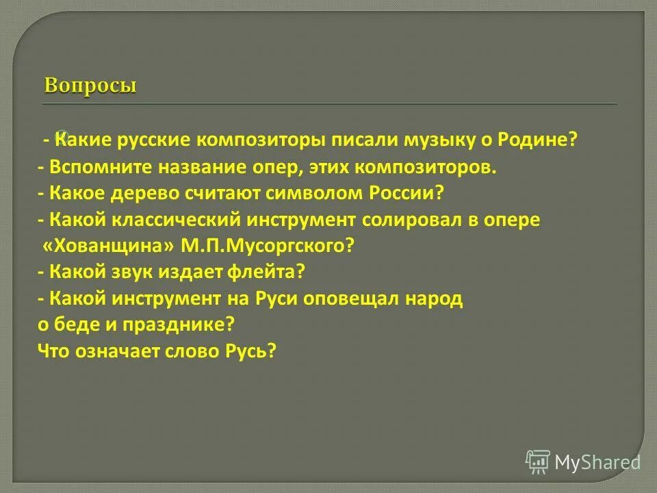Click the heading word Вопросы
coord(90,86)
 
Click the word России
coord(412,194)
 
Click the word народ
coord(435,299)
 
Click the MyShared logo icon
coord(538,462)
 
